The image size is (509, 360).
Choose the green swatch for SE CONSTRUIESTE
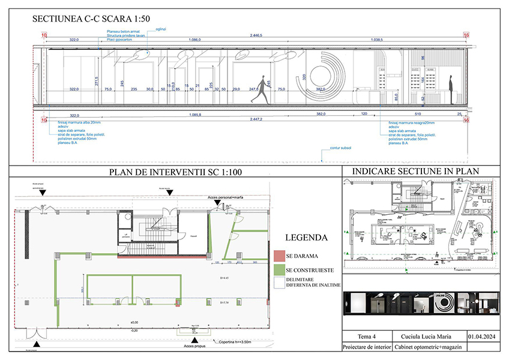[277, 271]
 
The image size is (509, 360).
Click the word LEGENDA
[306, 237]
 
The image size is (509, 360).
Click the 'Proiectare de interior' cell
[366, 347]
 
